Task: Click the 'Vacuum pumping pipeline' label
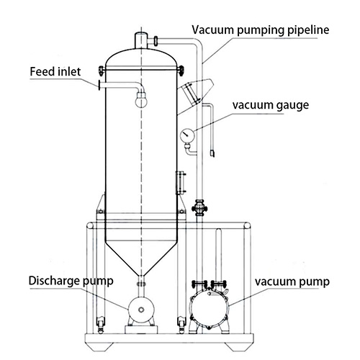pos(261,30)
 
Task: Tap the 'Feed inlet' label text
pos(55,71)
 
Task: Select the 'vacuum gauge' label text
pos(271,105)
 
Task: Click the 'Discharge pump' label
pos(71,281)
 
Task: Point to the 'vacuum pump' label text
pos(292,282)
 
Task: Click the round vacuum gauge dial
pos(187,135)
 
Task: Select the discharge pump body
pos(141,310)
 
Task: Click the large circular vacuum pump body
pos(208,308)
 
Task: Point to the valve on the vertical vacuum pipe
pos(199,208)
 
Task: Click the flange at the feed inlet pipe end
pos(99,85)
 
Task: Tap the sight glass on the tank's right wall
pos(181,182)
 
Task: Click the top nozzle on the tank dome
pos(141,41)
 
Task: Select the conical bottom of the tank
pos(141,258)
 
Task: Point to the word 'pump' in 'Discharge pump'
pos(98,282)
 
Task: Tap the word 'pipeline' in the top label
pos(308,30)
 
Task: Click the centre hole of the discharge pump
pos(141,310)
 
